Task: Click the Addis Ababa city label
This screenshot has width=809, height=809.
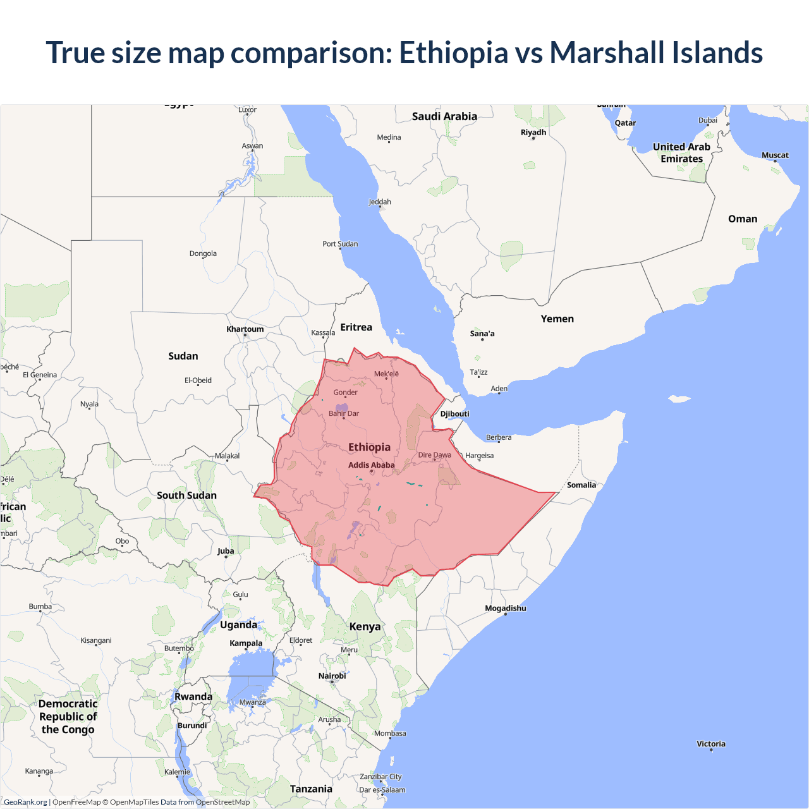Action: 371,465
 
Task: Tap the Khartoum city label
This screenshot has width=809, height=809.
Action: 245,329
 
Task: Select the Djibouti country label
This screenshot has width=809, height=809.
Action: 455,414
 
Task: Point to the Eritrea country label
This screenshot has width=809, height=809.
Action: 356,327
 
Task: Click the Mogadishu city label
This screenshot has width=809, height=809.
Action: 505,609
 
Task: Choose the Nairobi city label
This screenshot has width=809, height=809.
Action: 332,676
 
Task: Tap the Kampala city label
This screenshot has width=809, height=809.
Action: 246,643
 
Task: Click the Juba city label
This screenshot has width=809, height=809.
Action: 226,551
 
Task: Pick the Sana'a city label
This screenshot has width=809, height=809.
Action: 482,334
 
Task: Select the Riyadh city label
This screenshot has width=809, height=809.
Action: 533,133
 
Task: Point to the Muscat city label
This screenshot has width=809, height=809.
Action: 775,155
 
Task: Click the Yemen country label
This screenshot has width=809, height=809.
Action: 557,319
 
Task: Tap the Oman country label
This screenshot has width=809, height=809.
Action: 743,219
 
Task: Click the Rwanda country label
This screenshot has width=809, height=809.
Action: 193,697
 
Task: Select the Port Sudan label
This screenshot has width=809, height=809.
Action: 340,244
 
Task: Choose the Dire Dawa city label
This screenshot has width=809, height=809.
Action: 434,455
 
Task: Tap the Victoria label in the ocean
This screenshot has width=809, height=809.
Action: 711,744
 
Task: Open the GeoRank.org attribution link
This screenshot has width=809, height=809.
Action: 25,802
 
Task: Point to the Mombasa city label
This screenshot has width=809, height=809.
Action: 390,734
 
